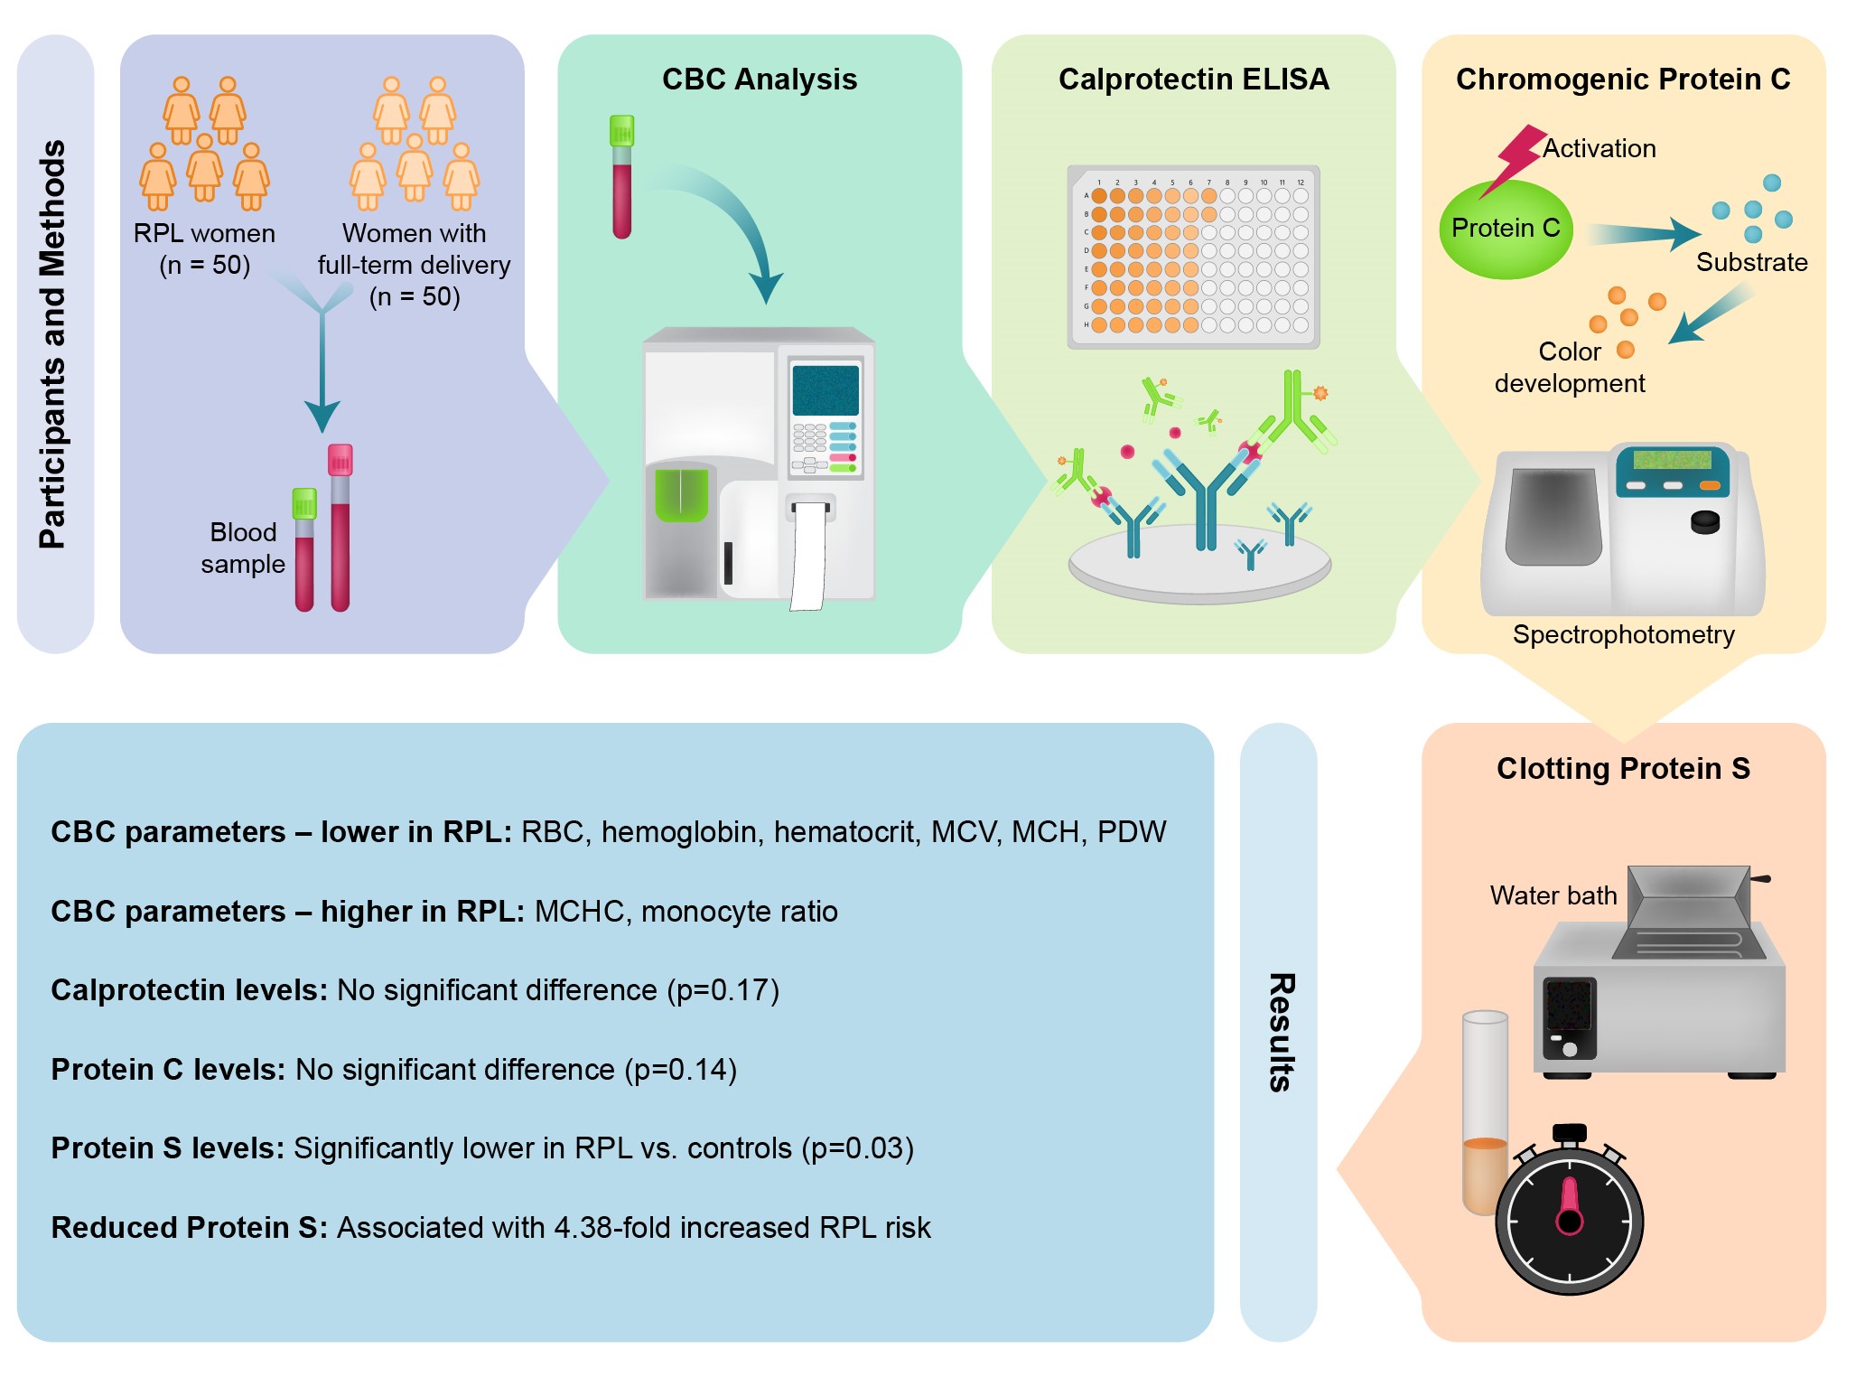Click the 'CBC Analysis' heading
click(760, 80)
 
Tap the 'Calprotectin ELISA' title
click(1194, 80)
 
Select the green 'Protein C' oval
click(1506, 229)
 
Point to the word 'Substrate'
click(1751, 262)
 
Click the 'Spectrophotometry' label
click(1623, 634)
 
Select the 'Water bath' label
click(1553, 895)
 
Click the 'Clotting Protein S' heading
click(1623, 769)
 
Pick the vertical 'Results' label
click(1281, 1033)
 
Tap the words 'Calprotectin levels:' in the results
click(190, 990)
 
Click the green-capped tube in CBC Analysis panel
click(621, 177)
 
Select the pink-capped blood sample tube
click(340, 528)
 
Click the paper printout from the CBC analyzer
click(808, 557)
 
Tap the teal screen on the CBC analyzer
click(825, 390)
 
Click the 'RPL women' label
click(204, 233)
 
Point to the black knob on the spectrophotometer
click(1704, 522)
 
